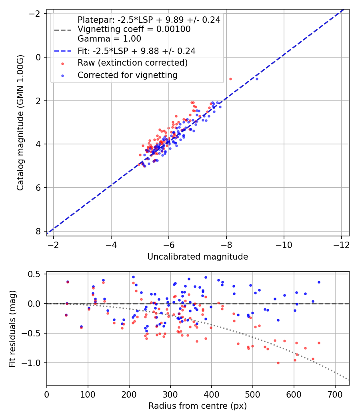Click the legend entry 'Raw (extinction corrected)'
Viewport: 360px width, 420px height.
[132, 63]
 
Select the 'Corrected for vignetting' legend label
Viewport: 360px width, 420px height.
[127, 75]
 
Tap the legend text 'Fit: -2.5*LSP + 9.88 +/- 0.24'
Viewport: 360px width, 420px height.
[136, 51]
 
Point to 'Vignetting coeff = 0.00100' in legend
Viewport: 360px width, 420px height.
[134, 29]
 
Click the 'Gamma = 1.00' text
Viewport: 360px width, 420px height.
[109, 39]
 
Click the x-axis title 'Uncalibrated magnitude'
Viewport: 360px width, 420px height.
[198, 257]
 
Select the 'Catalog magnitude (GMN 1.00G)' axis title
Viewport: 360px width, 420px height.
[21, 122]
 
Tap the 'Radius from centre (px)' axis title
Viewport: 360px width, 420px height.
[198, 406]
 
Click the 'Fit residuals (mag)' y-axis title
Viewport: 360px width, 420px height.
[12, 328]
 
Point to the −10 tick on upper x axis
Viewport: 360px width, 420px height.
[284, 245]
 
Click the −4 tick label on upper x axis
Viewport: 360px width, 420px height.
[111, 245]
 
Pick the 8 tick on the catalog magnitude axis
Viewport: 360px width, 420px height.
[38, 231]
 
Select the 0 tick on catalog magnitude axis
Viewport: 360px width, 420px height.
[38, 57]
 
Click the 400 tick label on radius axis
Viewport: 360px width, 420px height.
[211, 394]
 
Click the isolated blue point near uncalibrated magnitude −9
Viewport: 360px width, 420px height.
[257, 79]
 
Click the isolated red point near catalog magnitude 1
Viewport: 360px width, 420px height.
[230, 79]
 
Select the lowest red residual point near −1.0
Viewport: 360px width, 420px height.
[278, 363]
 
